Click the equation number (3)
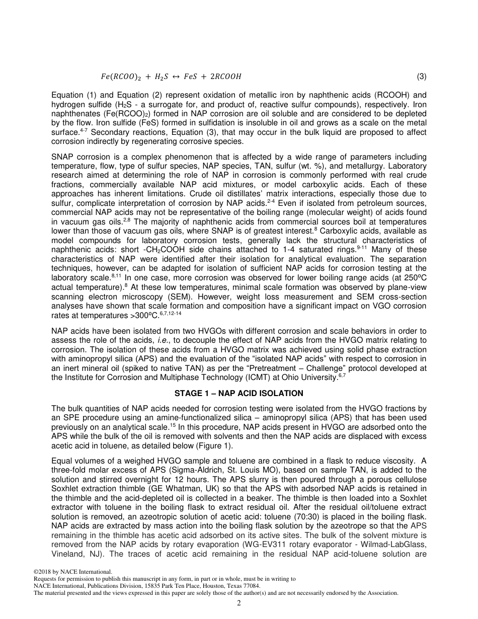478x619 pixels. (422, 77)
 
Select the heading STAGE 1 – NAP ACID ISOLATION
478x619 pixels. (239, 394)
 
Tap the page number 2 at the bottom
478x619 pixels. (239, 604)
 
